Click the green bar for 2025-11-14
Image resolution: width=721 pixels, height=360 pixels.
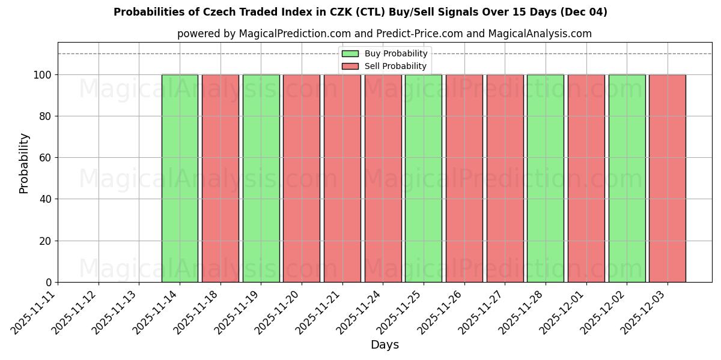(x=180, y=178)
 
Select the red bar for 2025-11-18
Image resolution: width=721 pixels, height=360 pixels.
(x=221, y=178)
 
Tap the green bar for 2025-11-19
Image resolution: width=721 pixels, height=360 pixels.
(x=261, y=178)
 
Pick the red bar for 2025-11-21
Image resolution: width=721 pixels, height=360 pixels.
(x=342, y=178)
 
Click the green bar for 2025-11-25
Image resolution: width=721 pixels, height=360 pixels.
(x=424, y=178)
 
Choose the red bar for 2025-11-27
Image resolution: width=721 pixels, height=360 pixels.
(x=505, y=178)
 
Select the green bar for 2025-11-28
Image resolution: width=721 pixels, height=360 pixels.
(x=546, y=178)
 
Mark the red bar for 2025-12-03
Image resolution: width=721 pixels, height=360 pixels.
(x=668, y=178)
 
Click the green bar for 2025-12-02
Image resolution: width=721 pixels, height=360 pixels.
(x=627, y=178)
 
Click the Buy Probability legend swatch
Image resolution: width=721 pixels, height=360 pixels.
(x=350, y=54)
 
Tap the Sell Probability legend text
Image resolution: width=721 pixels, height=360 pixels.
(x=395, y=67)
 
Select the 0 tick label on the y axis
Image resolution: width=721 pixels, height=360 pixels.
(x=49, y=283)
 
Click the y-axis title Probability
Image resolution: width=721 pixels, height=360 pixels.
(x=24, y=163)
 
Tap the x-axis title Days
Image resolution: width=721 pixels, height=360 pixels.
(x=385, y=345)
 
